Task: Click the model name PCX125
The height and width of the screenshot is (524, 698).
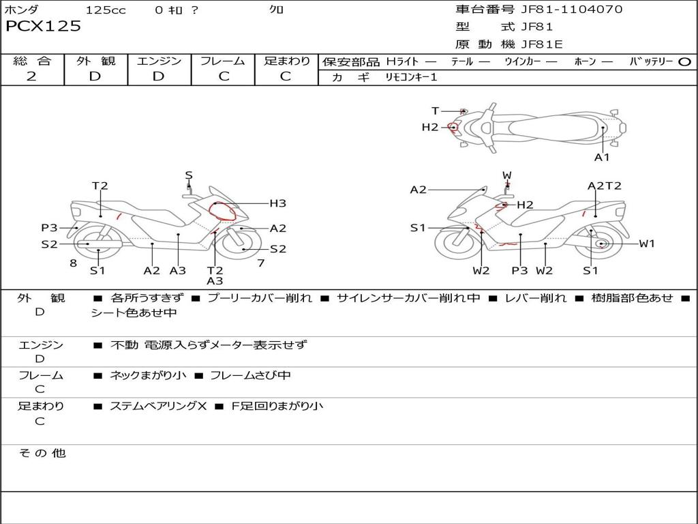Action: coord(44,27)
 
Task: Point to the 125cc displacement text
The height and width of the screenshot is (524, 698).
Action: coord(106,10)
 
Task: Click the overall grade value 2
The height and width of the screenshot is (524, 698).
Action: coord(31,76)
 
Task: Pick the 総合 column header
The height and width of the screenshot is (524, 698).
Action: coord(32,61)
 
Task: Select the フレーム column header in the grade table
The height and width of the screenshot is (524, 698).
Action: coord(223,61)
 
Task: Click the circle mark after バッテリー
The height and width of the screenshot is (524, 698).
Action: coord(684,61)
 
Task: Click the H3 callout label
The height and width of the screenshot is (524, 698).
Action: coord(277,203)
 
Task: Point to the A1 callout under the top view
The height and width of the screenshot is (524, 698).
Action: coord(602,157)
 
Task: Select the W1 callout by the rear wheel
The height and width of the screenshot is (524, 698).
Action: coord(647,244)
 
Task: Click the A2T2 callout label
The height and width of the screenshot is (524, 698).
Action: coord(605,186)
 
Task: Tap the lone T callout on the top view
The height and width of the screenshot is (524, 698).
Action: coord(435,111)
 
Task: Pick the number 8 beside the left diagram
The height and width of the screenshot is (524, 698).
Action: coord(73,263)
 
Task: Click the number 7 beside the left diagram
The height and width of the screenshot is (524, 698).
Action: coord(260,263)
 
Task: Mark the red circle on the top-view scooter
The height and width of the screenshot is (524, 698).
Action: coord(453,127)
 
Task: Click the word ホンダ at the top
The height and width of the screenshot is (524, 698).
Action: coord(22,10)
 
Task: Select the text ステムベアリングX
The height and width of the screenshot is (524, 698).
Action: coord(158,406)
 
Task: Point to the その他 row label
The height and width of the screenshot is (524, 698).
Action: coord(42,453)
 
